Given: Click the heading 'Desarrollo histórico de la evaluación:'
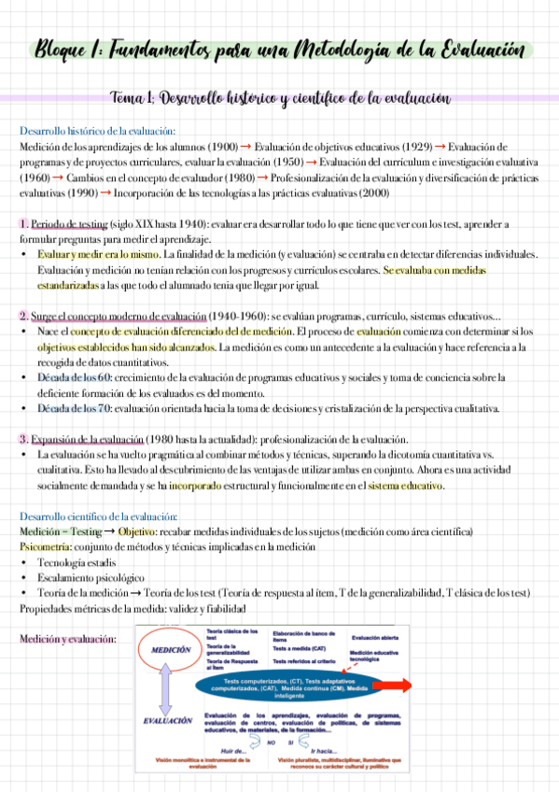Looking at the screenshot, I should (97, 131).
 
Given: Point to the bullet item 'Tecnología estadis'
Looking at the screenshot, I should (76, 562).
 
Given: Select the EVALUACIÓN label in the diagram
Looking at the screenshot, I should (168, 721).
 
